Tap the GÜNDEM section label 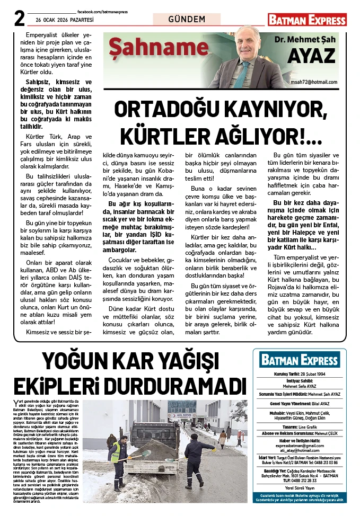tap(187, 20)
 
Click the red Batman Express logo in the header tap(307, 20)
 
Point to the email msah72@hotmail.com tap(314, 82)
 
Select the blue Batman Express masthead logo tap(300, 360)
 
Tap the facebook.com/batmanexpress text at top tap(102, 12)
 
